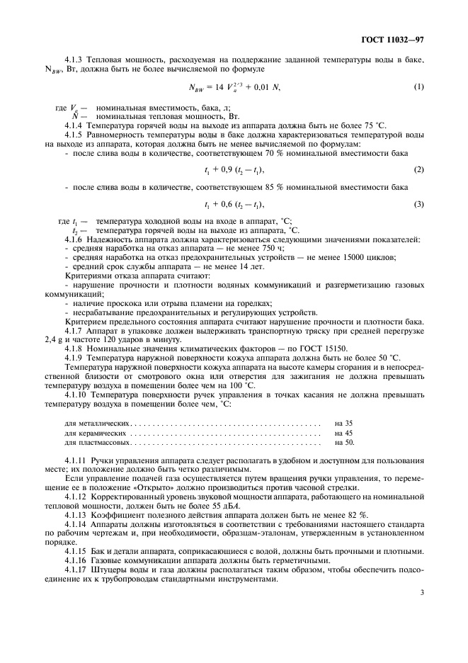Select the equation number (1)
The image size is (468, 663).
click(418, 86)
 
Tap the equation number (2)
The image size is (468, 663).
click(418, 170)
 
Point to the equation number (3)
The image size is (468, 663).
click(418, 205)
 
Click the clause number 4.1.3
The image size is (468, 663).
click(75, 62)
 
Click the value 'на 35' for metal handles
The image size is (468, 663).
click(344, 423)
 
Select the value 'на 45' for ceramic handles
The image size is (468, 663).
click(344, 433)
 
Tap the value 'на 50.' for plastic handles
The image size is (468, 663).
click(345, 443)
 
